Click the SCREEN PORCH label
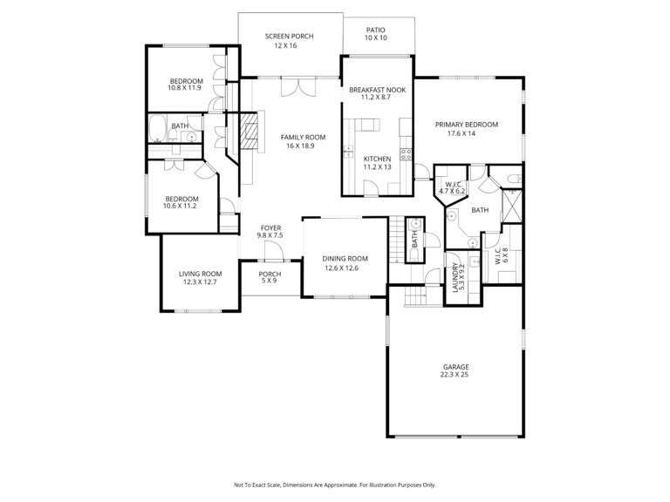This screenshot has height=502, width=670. [290, 37]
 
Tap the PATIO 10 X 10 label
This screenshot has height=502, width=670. [376, 34]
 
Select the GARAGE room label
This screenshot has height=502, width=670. [456, 367]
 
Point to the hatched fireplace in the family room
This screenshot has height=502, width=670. [249, 130]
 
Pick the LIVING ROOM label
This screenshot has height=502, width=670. [201, 274]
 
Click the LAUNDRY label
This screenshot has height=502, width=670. [455, 277]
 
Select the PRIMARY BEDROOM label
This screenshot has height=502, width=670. [467, 125]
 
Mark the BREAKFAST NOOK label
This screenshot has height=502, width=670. [377, 90]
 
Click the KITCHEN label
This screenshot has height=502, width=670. [377, 159]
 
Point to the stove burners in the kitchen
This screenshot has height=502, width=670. [406, 154]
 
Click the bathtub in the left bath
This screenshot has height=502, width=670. [158, 128]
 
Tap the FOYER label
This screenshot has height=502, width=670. [271, 228]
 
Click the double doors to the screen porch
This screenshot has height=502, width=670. [298, 86]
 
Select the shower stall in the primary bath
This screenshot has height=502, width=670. [511, 207]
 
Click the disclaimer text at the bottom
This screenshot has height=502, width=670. [335, 485]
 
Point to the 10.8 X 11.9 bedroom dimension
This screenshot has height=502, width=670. [184, 88]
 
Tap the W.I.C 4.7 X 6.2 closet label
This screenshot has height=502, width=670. [452, 188]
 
